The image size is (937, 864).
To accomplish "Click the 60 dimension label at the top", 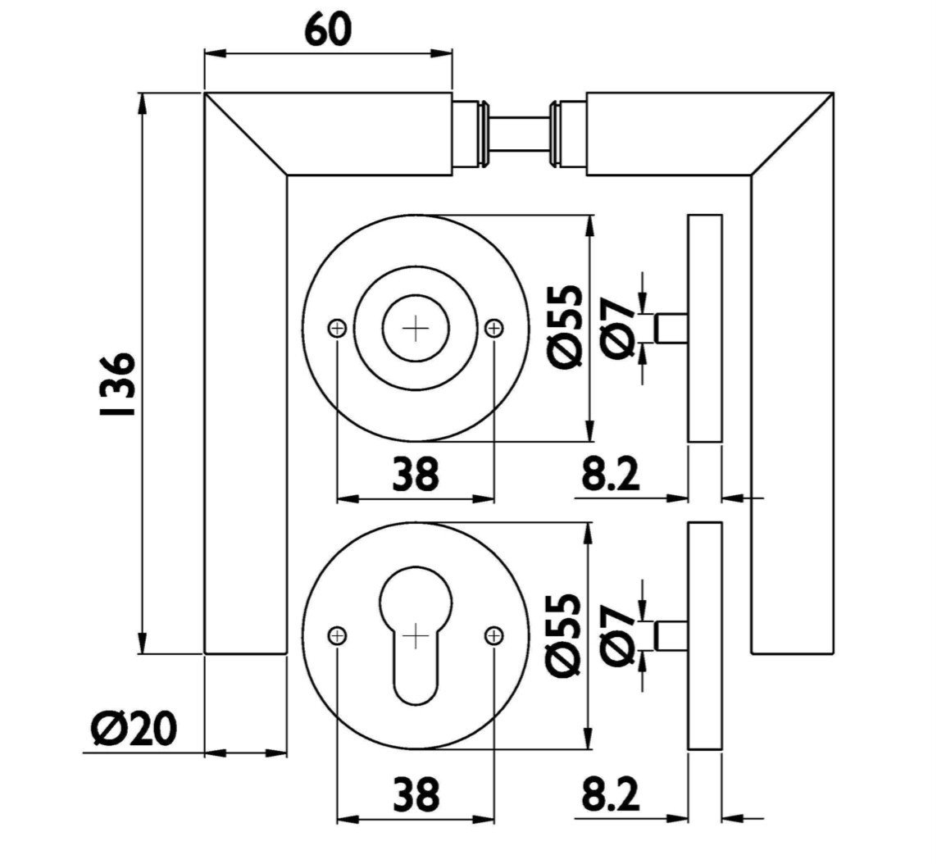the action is coord(328,30).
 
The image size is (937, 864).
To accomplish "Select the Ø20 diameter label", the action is coord(134,729).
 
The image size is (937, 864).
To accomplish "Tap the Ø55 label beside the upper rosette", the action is coord(564,326).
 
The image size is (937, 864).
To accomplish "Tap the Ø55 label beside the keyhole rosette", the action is coord(564,635).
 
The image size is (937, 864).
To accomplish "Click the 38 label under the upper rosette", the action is coord(416,473).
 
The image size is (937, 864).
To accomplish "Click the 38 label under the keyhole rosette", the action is coord(416,794).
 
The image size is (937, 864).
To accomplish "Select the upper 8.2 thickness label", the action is coord(610,473).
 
